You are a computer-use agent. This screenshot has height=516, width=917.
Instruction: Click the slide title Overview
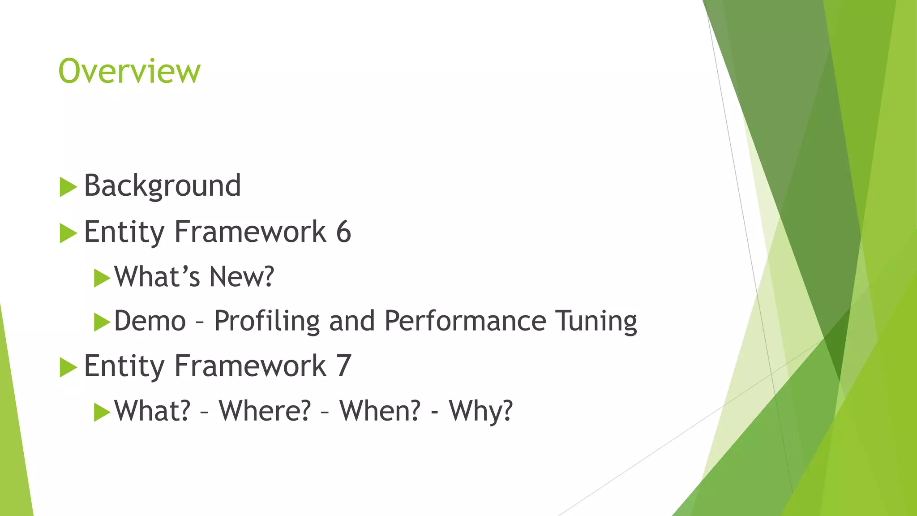(x=129, y=71)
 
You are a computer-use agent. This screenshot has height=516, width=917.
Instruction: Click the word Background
(x=163, y=185)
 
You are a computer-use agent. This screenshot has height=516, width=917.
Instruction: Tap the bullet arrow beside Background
(x=68, y=187)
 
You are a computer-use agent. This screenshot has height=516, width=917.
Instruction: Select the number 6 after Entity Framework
(x=343, y=232)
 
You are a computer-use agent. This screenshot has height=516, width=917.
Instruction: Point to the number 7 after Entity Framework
(x=343, y=366)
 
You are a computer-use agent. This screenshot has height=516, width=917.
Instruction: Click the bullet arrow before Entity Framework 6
(x=68, y=233)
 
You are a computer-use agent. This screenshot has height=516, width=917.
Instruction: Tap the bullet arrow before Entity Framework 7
(x=68, y=367)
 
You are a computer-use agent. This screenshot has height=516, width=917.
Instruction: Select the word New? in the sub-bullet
(x=241, y=276)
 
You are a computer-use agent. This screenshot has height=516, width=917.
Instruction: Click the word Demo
(x=150, y=321)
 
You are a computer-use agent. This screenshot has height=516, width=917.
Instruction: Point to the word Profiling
(x=267, y=321)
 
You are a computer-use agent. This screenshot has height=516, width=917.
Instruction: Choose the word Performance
(x=465, y=321)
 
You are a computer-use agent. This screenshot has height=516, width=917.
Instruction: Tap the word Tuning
(x=596, y=321)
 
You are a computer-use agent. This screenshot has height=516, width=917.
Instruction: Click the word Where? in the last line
(x=265, y=411)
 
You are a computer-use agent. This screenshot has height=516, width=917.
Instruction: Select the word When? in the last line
(x=380, y=411)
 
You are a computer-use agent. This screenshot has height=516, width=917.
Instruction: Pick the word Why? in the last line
(x=481, y=411)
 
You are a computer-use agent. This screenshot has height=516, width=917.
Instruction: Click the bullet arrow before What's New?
(x=102, y=278)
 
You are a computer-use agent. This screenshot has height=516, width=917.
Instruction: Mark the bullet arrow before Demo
(x=102, y=322)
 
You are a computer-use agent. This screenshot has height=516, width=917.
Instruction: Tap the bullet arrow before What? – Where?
(x=102, y=412)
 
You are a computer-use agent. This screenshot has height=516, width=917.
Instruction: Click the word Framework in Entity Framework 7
(x=250, y=366)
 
